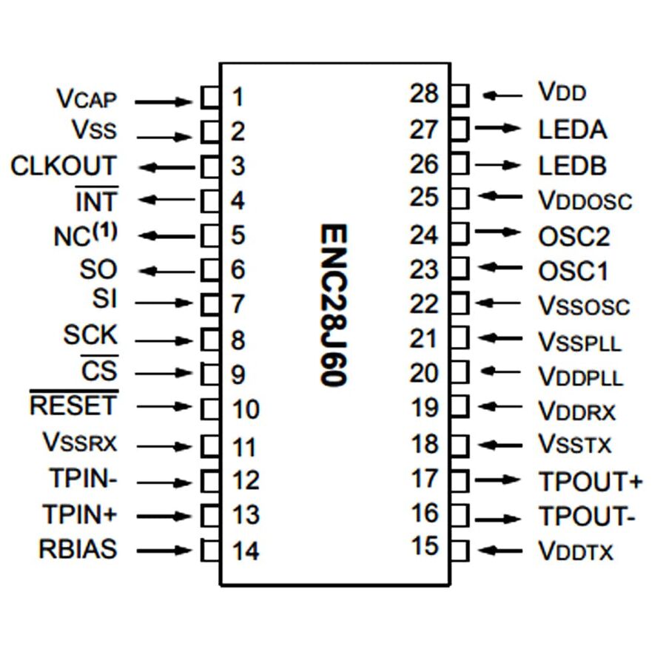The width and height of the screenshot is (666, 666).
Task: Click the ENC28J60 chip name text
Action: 334,304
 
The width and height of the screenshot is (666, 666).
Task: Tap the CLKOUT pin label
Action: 64,166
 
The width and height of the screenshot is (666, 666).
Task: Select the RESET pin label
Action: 73,406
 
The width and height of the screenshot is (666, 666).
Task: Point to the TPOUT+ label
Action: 590,481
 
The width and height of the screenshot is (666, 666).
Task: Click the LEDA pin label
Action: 572,130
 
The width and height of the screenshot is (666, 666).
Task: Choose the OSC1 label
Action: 573,271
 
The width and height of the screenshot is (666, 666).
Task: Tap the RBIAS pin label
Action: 78,550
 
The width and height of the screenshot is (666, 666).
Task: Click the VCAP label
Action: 87,98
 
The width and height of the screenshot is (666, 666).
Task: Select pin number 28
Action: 425,94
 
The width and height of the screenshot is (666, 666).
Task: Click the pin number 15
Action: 425,547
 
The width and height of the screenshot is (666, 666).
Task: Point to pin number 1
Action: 238,97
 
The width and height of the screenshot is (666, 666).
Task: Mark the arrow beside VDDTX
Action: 500,550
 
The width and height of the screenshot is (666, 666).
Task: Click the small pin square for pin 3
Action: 210,166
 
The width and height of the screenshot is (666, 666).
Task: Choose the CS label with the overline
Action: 99,370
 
